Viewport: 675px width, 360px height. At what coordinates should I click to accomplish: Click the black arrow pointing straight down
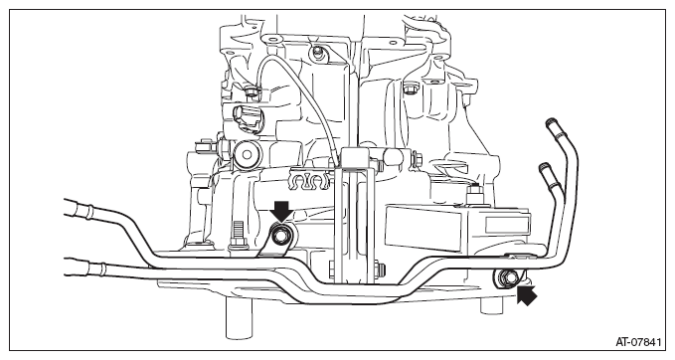[x=281, y=211]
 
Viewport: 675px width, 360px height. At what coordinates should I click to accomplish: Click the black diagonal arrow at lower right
[x=527, y=295]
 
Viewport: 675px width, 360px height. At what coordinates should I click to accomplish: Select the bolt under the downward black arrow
[x=281, y=236]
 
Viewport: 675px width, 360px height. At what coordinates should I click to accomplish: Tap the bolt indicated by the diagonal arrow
[x=510, y=277]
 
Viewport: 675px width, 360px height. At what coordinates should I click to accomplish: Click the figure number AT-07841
[x=638, y=342]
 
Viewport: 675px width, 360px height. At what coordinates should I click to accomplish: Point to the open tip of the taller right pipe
[x=551, y=122]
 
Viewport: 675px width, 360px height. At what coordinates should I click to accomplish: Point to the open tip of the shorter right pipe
[x=544, y=167]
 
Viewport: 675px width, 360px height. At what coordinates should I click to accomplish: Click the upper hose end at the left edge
[x=77, y=209]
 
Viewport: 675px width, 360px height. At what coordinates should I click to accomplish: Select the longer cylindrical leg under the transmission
[x=238, y=318]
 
